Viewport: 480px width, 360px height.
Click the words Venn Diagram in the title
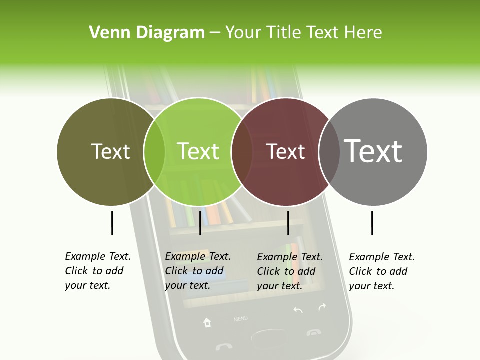click(147, 32)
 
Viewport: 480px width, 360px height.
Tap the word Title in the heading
click(284, 32)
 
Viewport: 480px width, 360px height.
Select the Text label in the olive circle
click(110, 151)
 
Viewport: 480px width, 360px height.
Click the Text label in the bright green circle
click(198, 151)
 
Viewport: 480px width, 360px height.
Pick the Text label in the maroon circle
click(285, 151)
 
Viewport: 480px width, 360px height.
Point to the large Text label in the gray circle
click(373, 151)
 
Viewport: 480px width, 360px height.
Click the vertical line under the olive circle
click(112, 223)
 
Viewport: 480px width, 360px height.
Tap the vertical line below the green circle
click(200, 223)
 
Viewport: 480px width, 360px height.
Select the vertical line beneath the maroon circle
click(288, 223)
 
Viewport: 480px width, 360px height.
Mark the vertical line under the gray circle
click(372, 223)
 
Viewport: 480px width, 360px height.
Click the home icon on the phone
click(207, 322)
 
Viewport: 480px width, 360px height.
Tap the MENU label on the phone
click(240, 318)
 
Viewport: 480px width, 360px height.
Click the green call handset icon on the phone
click(223, 346)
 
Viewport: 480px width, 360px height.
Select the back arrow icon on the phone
click(298, 310)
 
